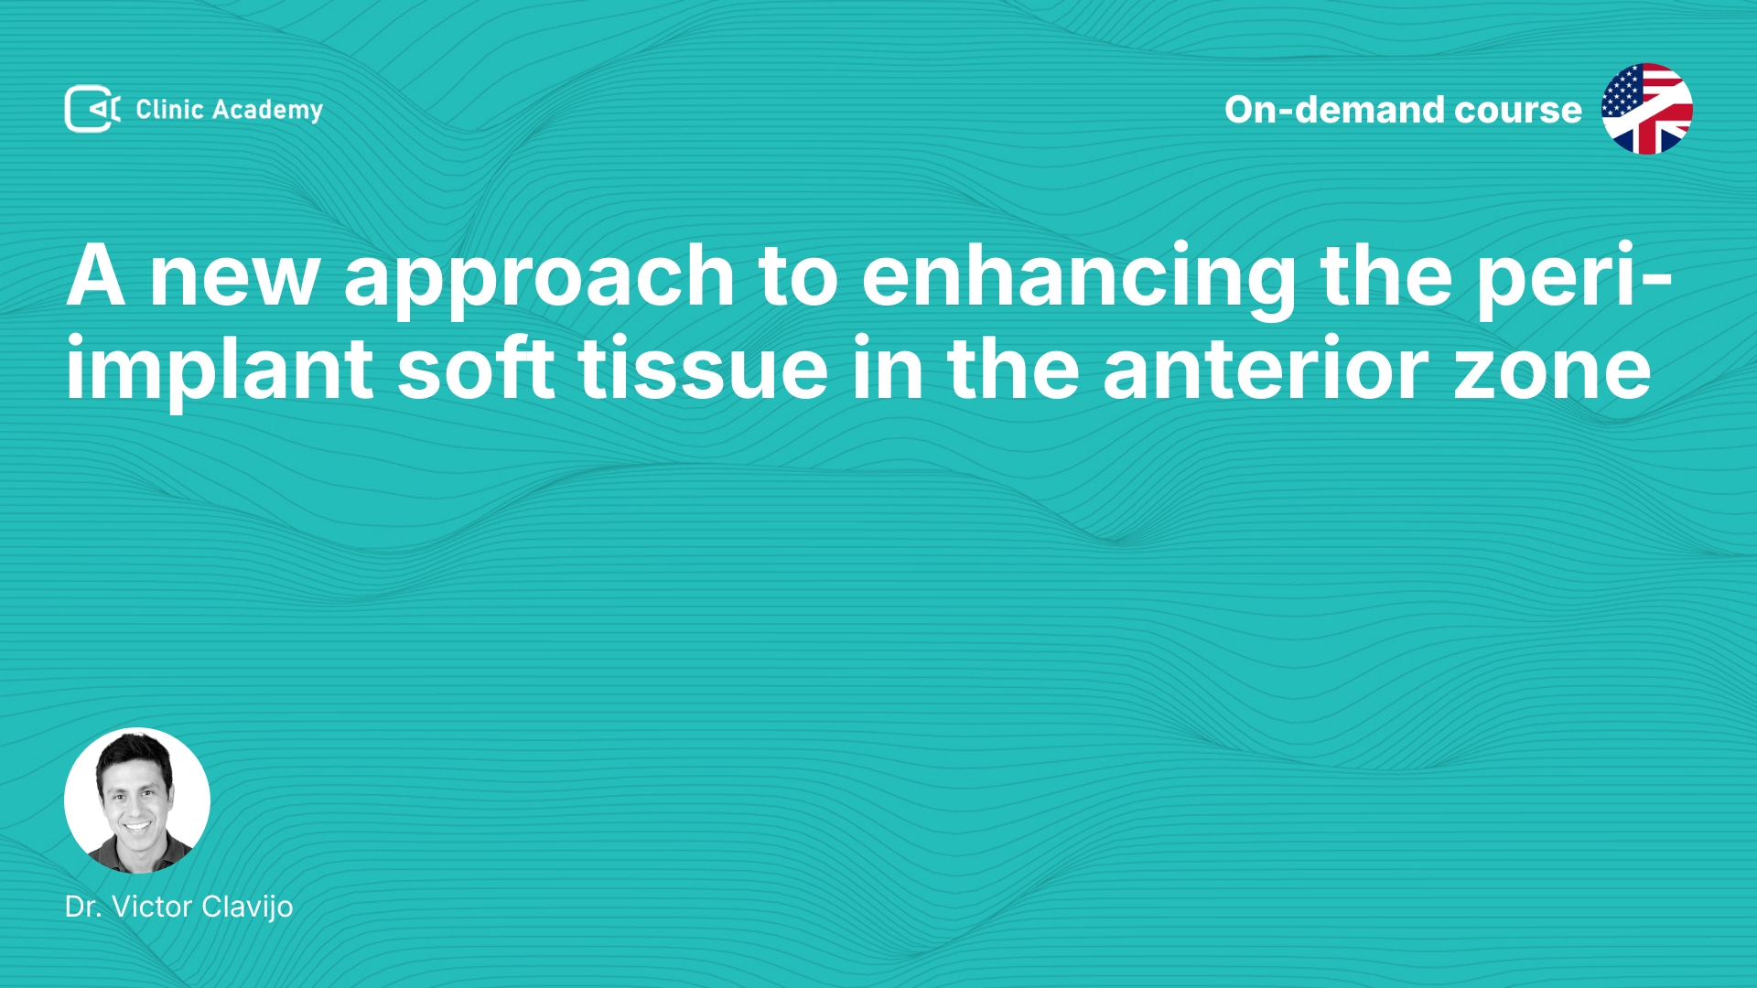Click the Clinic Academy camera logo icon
[92, 109]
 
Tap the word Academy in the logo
[267, 111]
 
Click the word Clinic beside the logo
[169, 109]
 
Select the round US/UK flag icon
[1646, 109]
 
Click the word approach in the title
[539, 279]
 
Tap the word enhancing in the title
[1078, 279]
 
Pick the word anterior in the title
[1266, 370]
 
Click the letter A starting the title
[95, 275]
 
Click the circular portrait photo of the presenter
[137, 800]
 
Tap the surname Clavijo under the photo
[247, 907]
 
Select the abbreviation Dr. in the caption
[83, 907]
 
